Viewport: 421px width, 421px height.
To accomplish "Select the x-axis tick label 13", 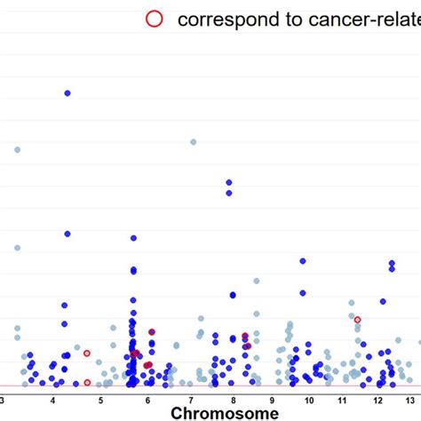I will tap(413, 399).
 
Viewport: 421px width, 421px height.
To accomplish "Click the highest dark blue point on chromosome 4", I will tap(67, 92).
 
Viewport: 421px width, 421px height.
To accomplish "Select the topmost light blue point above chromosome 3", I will tap(17, 149).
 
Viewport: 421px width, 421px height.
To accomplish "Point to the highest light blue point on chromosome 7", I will tap(193, 141).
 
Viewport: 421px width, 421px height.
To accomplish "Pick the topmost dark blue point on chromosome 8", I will tap(229, 182).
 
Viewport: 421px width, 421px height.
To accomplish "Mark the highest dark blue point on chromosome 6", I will tap(133, 238).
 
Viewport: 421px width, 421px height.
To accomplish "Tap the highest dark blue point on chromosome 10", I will tap(303, 261).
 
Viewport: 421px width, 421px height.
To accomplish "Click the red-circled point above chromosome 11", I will tap(358, 319).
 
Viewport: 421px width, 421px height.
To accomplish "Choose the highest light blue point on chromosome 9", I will tap(257, 281).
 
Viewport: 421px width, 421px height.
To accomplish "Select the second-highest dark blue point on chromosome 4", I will tap(67, 234).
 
